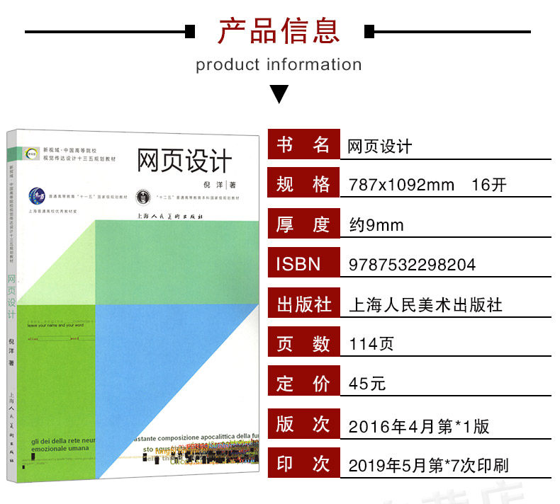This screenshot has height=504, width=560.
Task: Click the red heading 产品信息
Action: (x=279, y=31)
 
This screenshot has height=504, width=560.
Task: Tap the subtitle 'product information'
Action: (x=279, y=65)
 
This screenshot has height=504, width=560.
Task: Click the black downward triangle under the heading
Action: (x=279, y=93)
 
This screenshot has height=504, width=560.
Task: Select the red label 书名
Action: (x=303, y=145)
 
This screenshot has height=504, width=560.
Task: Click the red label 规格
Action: (x=303, y=185)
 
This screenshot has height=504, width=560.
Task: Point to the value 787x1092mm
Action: (x=401, y=185)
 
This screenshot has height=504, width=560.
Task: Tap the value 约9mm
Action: (x=376, y=225)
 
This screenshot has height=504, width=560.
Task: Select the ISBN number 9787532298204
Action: (x=412, y=265)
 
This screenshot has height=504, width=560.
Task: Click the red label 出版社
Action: (x=303, y=304)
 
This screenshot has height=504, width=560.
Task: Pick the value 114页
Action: (x=371, y=345)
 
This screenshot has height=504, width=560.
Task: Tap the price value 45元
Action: (x=367, y=384)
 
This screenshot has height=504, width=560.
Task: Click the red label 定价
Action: (x=303, y=384)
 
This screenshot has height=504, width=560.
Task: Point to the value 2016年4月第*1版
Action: (x=418, y=426)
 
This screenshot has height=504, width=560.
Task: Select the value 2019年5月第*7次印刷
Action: (x=428, y=466)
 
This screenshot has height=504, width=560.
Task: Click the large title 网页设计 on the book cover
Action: (x=184, y=160)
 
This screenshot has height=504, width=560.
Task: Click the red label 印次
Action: (x=303, y=464)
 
